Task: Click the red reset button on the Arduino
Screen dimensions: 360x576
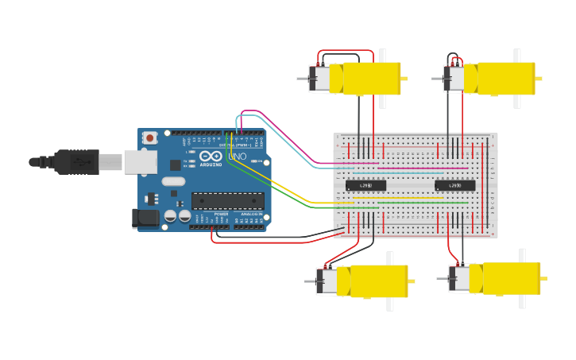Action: point(149,137)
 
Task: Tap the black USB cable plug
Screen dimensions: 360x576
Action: point(76,161)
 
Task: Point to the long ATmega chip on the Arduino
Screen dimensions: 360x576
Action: point(227,201)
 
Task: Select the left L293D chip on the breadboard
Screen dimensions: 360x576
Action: point(365,185)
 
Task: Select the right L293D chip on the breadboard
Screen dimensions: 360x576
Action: point(455,185)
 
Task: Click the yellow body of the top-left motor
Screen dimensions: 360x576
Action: point(371,79)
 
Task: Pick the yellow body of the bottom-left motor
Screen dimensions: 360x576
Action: point(377,281)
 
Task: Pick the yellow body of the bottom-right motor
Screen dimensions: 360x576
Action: point(511,279)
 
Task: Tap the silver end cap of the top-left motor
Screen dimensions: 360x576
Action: point(319,79)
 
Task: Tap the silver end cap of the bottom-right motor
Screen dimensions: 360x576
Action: point(459,279)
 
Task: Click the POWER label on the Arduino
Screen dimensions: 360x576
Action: point(221,214)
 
